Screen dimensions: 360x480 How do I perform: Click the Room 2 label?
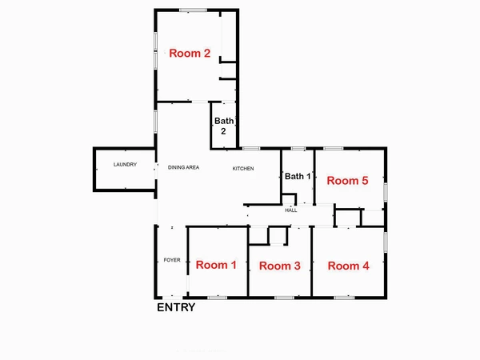(x=190, y=54)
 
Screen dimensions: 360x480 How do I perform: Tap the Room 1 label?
(x=216, y=265)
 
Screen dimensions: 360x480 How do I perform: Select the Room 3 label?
(x=280, y=266)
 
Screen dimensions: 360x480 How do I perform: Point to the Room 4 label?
(x=348, y=266)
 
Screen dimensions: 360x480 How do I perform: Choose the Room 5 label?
(x=347, y=181)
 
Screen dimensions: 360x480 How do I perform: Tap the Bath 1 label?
(x=296, y=176)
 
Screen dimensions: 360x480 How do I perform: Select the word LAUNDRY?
(x=125, y=165)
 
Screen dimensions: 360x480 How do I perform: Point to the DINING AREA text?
(x=183, y=167)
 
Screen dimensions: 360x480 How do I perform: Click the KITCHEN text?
(x=243, y=168)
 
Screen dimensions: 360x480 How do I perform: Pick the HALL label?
(x=290, y=210)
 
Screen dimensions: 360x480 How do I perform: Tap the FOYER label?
(x=171, y=260)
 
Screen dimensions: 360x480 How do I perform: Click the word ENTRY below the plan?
(x=175, y=307)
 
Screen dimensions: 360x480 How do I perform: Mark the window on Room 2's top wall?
(x=193, y=10)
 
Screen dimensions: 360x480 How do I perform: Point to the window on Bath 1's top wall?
(x=298, y=149)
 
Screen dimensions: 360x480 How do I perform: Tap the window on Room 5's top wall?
(x=333, y=149)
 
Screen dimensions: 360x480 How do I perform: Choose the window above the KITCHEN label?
(x=250, y=149)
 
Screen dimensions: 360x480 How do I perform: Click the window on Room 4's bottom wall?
(x=344, y=297)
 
